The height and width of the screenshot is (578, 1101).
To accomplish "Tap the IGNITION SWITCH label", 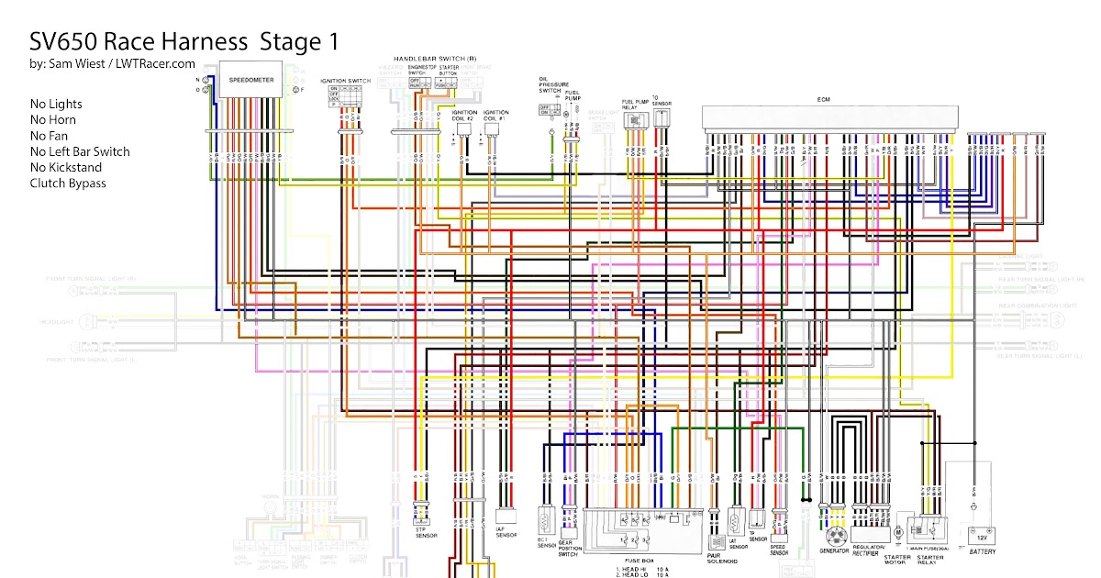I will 345,82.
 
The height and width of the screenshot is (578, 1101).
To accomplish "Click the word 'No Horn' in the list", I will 52,120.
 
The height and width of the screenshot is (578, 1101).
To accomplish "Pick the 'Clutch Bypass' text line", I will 68,183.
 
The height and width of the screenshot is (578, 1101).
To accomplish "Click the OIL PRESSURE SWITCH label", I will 550,85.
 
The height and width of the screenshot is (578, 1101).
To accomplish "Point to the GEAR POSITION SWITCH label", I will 568,550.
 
